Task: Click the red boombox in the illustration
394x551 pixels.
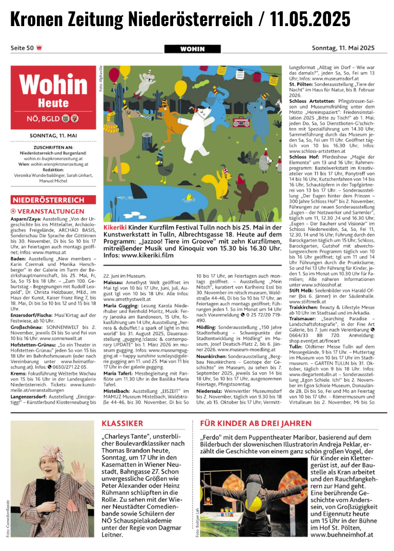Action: pos(240,122)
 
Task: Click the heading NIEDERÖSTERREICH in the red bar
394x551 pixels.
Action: pos(42,200)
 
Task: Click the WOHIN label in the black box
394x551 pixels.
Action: pos(192,49)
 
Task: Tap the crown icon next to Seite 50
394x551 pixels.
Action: pos(39,48)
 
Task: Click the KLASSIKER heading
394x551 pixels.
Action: pos(122,423)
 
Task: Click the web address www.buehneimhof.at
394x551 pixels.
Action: pos(342,535)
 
